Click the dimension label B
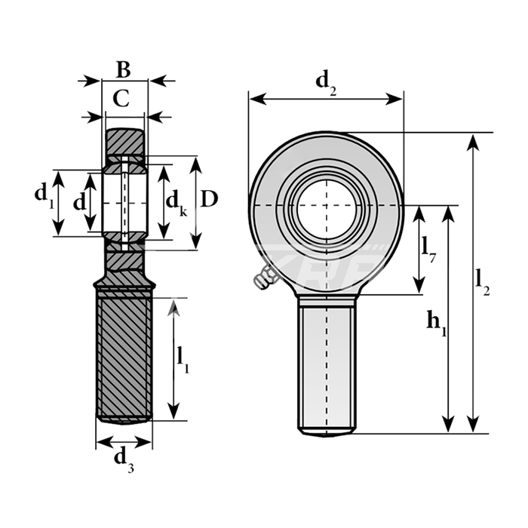pos(123,69)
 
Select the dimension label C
pos(121,97)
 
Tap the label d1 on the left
pos(44,195)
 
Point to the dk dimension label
pos(176,201)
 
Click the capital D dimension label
pos(210,198)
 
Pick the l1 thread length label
pos(183,359)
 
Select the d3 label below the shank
pos(124,458)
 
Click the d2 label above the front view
pos(326,80)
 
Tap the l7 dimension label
pos(428,247)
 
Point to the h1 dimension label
pos(437,322)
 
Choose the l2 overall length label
pos(483,281)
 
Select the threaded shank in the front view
pos(327,366)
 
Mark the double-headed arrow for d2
pos(326,99)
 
